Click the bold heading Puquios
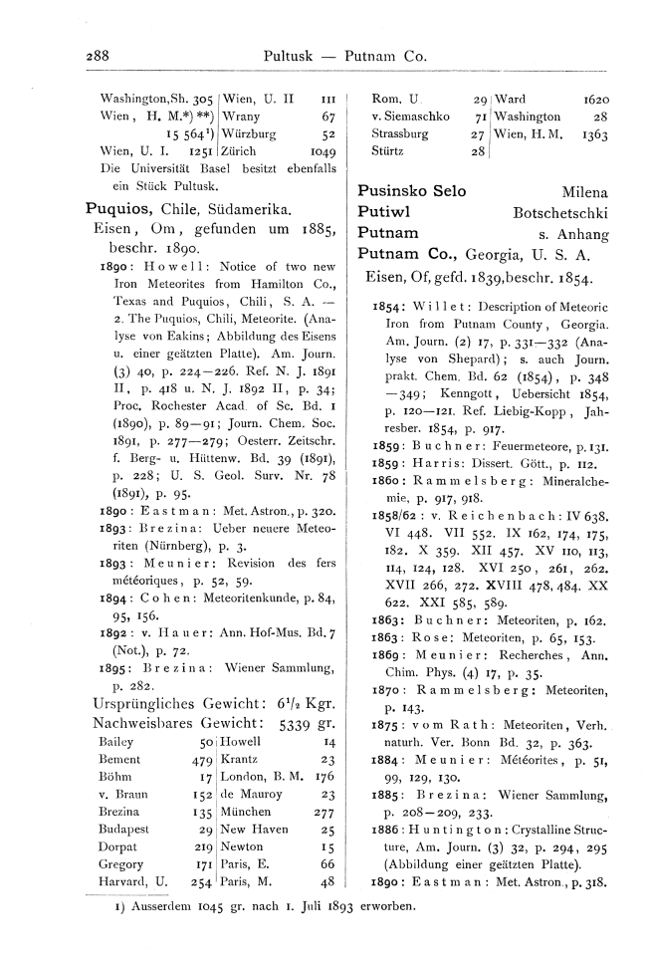coord(119,209)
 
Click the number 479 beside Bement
coord(189,760)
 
